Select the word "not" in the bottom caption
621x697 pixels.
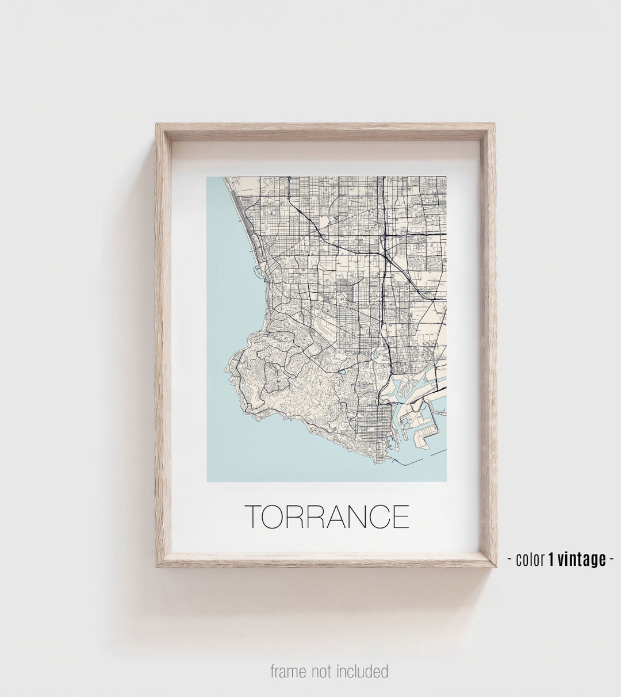click(x=325, y=671)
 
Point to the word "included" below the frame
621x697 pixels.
click(x=365, y=671)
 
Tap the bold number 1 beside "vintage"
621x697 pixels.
click(x=551, y=558)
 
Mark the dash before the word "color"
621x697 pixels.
click(x=510, y=558)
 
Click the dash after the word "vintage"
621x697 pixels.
click(x=611, y=558)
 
